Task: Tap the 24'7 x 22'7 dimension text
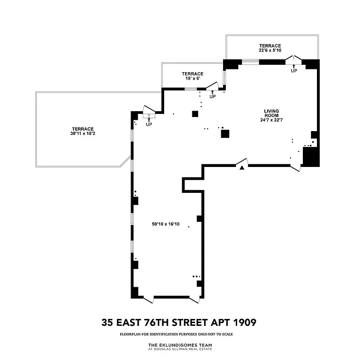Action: click(x=272, y=120)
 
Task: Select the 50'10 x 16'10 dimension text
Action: click(x=166, y=224)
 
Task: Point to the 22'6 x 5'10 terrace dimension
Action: click(x=270, y=51)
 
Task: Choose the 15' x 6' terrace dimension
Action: click(x=192, y=78)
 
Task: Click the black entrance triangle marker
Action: click(x=242, y=168)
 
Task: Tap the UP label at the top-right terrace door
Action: click(x=294, y=71)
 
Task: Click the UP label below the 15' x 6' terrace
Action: click(x=212, y=97)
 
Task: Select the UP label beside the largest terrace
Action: click(x=149, y=125)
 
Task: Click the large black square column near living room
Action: click(x=225, y=133)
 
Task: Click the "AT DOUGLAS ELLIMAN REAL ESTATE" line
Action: click(x=180, y=349)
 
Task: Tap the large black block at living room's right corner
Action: click(x=311, y=157)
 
